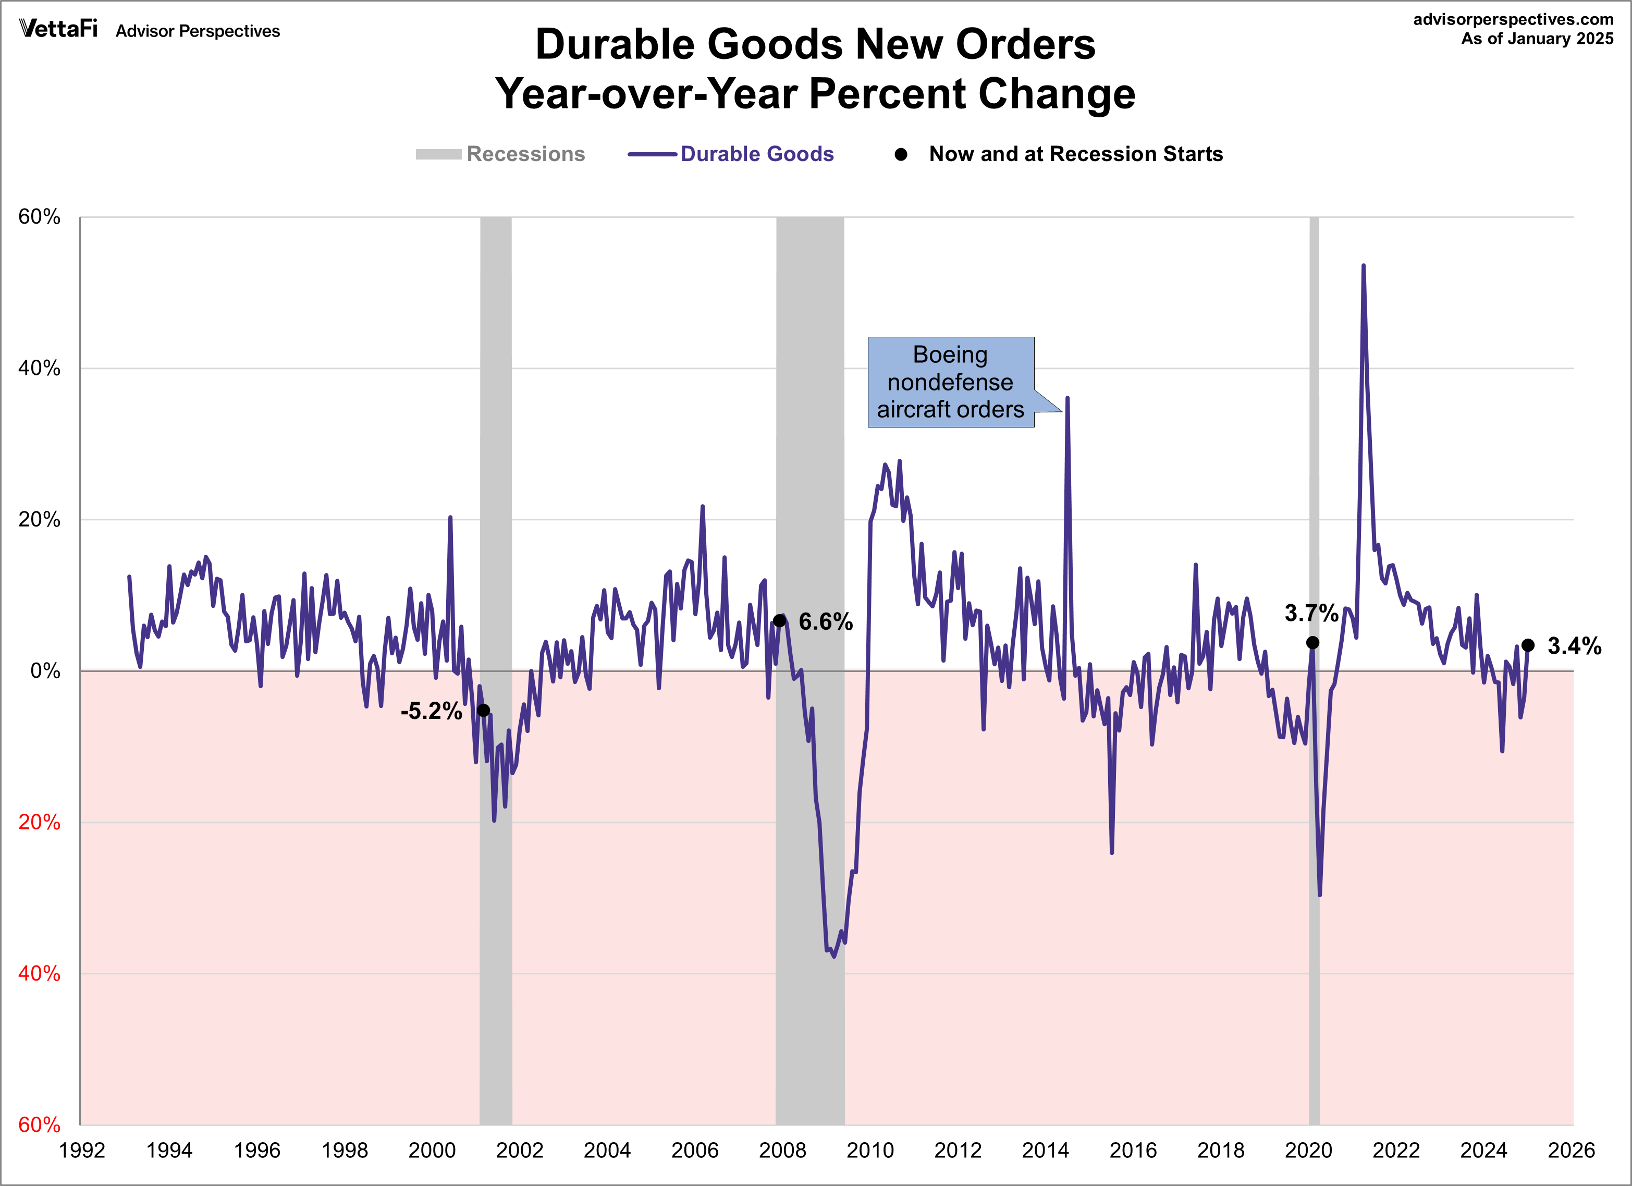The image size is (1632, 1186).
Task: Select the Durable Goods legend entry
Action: point(756,154)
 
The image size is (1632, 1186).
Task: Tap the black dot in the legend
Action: point(900,154)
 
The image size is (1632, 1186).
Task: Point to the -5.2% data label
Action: point(431,711)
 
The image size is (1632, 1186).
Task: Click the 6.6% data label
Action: point(825,622)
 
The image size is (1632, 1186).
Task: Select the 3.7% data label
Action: point(1311,613)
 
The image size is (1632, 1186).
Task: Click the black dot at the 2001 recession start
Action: point(484,711)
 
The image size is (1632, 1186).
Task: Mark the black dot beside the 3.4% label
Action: point(1528,645)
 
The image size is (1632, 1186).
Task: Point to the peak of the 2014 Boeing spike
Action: point(1067,398)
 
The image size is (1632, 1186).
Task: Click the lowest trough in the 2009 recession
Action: point(834,956)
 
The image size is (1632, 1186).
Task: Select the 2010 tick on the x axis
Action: point(869,1150)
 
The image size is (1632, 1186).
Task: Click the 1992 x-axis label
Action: point(82,1150)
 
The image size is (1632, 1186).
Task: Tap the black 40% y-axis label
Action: point(40,369)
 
